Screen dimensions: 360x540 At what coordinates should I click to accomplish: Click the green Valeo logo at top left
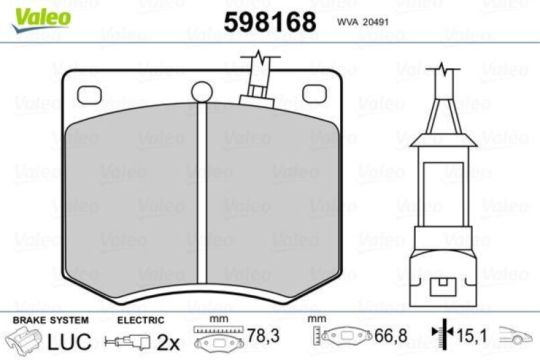pyautogui.click(x=43, y=16)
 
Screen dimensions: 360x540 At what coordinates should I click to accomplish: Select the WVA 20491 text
pyautogui.click(x=361, y=21)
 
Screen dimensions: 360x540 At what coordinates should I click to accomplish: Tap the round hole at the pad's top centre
pyautogui.click(x=201, y=91)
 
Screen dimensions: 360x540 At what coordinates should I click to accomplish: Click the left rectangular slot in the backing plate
pyautogui.click(x=89, y=94)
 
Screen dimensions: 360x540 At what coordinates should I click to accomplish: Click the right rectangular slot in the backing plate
pyautogui.click(x=313, y=94)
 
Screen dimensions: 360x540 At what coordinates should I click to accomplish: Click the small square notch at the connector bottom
pyautogui.click(x=442, y=286)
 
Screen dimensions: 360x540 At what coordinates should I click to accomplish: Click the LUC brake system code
pyautogui.click(x=69, y=342)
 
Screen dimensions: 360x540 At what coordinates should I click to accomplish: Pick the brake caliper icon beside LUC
pyautogui.click(x=24, y=340)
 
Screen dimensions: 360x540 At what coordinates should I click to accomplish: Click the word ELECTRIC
pyautogui.click(x=140, y=320)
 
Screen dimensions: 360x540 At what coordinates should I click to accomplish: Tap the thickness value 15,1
pyautogui.click(x=471, y=336)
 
